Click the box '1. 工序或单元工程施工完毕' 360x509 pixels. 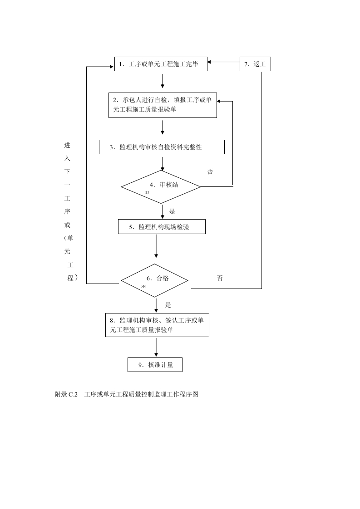click(x=161, y=64)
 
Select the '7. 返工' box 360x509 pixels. click(x=255, y=64)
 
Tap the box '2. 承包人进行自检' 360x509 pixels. click(x=163, y=105)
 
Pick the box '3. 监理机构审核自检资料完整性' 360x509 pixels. click(x=162, y=147)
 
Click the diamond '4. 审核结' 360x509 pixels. click(x=161, y=186)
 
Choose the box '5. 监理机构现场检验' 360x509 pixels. click(x=162, y=227)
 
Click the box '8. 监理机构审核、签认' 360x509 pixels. click(x=157, y=325)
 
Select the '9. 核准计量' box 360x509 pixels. click(x=155, y=365)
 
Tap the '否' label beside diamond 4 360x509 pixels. click(x=210, y=171)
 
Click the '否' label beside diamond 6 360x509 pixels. click(x=220, y=278)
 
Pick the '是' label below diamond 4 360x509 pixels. click(x=172, y=211)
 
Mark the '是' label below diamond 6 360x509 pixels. click(x=168, y=305)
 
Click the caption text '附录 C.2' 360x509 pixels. click(x=67, y=394)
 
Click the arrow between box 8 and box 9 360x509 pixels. click(x=156, y=347)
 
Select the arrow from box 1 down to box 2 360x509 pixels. click(x=163, y=80)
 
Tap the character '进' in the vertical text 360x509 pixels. click(x=67, y=145)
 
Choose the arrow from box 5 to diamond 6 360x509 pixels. click(x=156, y=247)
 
